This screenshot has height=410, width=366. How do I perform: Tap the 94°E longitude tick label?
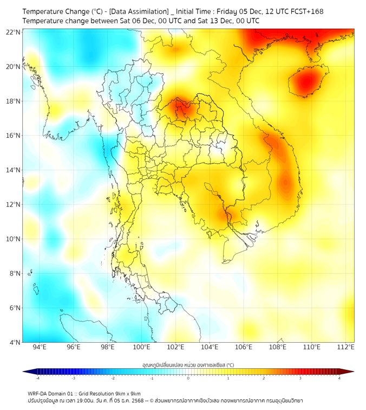pos(40,347)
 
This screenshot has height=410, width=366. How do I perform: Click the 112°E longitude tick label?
pos(346,347)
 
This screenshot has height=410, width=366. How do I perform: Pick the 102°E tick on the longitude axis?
pos(176,347)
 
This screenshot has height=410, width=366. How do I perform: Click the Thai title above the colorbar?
pos(188,365)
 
